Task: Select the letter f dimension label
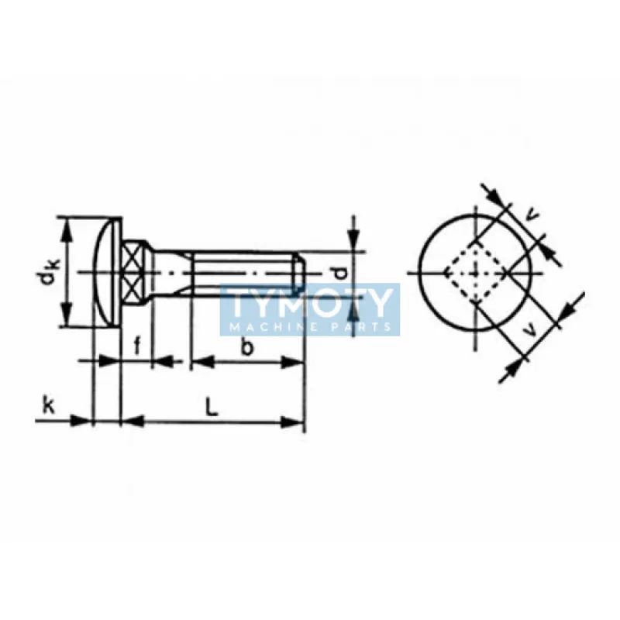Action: tap(137, 346)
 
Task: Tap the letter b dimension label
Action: tap(246, 347)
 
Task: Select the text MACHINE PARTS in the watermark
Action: tap(310, 326)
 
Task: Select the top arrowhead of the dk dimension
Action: tap(68, 226)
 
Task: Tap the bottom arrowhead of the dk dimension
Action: tap(68, 319)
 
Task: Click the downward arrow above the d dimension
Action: tap(353, 239)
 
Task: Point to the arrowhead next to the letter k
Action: tap(83, 421)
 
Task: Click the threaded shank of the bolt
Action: tap(240, 272)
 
